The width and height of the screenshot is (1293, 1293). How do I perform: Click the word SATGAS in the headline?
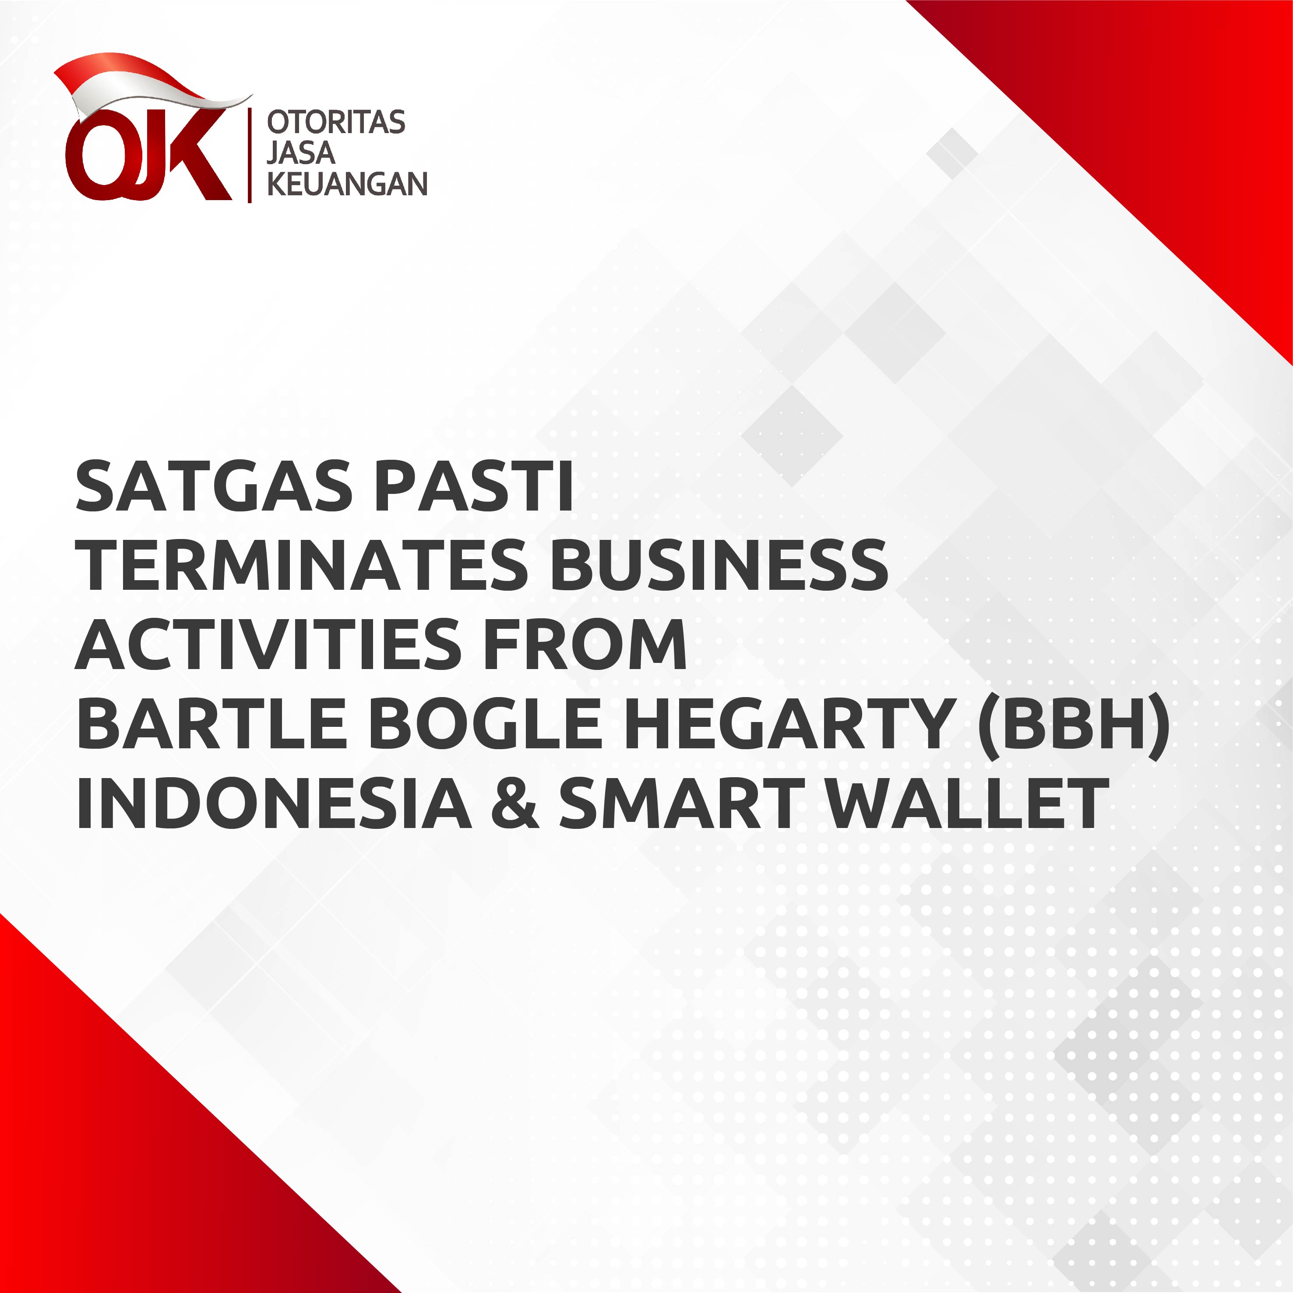[x=214, y=486]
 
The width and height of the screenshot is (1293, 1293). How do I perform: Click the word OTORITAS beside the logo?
[x=336, y=123]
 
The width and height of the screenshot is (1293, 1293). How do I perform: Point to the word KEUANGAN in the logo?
[x=347, y=184]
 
